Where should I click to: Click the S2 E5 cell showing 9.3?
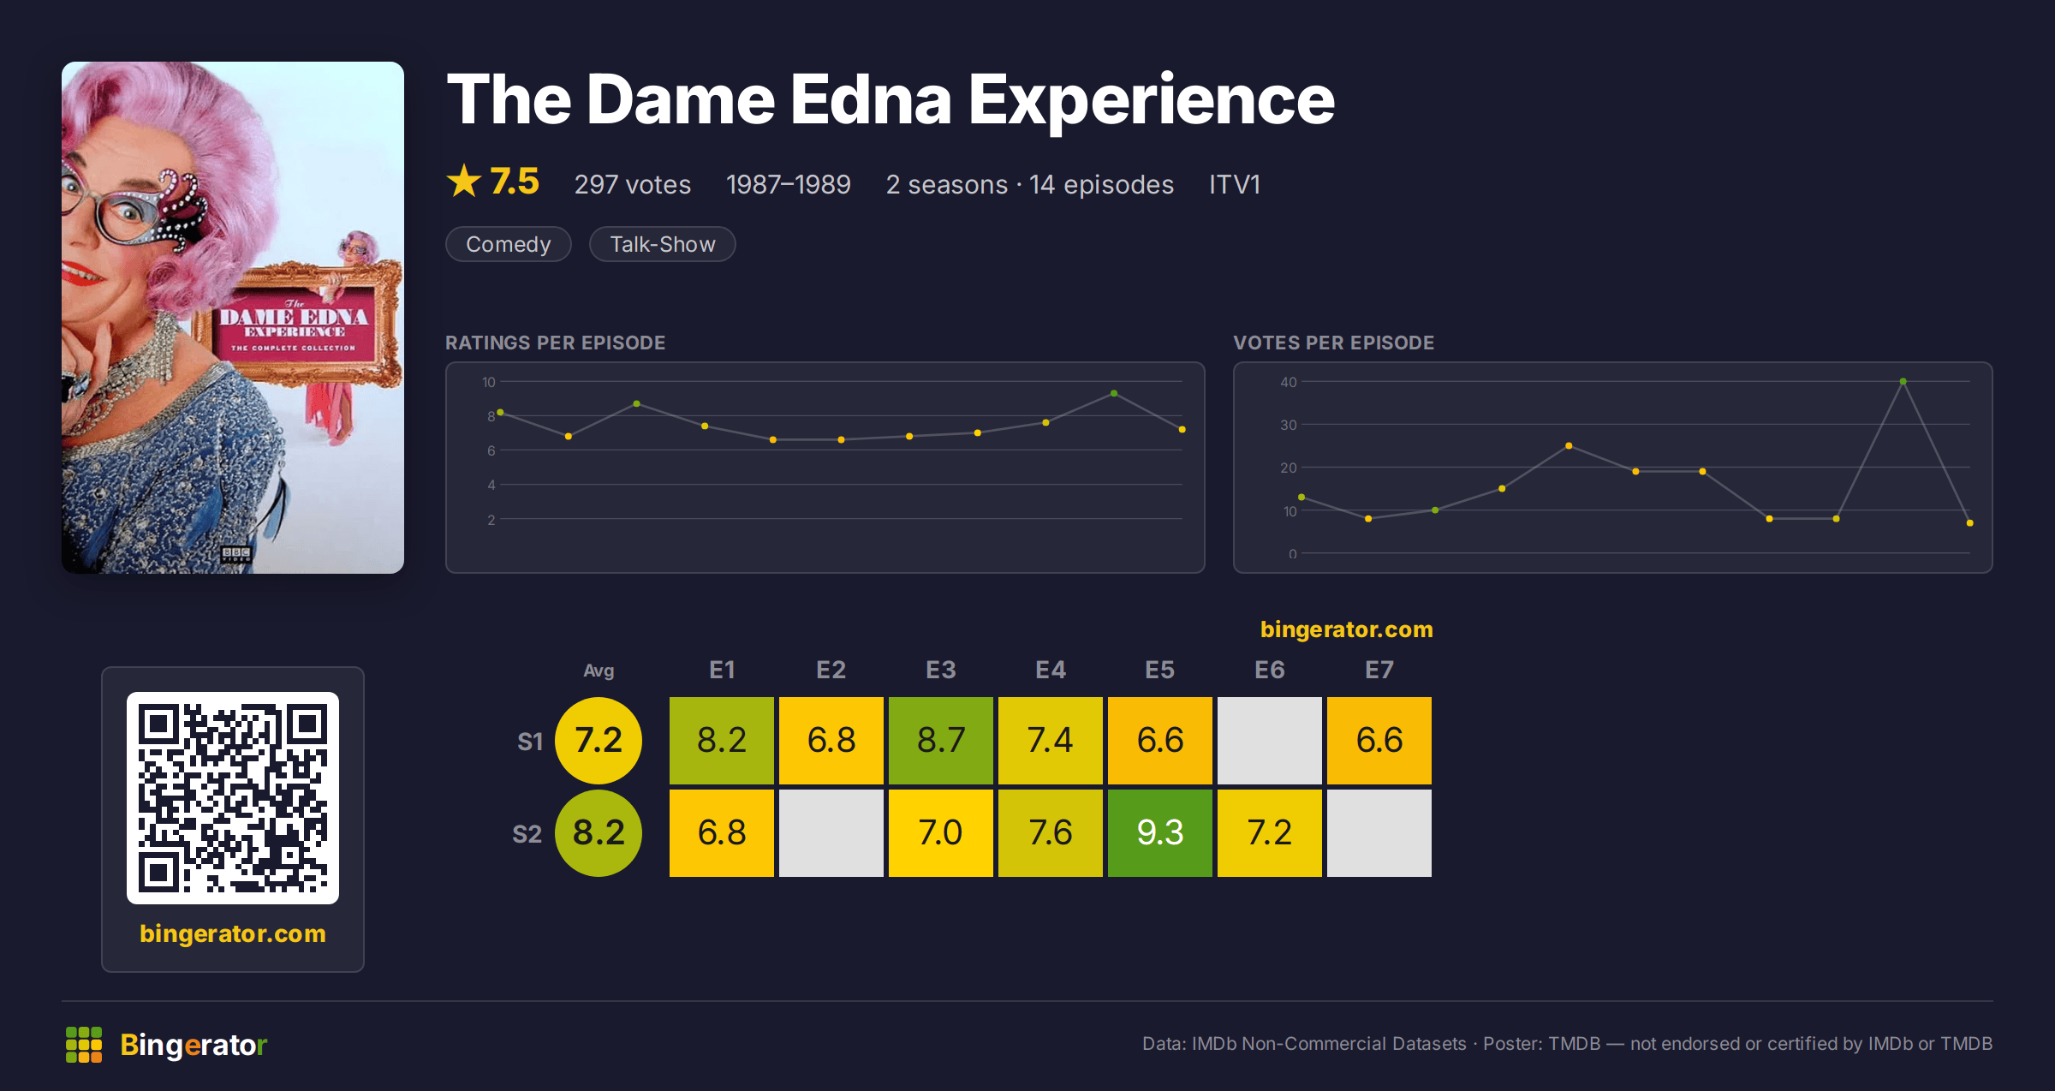coord(1160,832)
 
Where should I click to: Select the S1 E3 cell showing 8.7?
coord(941,740)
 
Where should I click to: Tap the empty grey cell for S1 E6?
coord(1270,740)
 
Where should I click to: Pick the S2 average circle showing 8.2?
coord(599,832)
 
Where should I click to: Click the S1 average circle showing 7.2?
coord(599,740)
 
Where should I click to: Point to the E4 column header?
coord(1051,670)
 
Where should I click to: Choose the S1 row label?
coord(530,742)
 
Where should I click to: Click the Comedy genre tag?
coord(509,244)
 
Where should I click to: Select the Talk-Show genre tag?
coord(663,244)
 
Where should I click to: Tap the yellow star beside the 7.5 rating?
coord(464,181)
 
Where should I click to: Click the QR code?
coord(233,798)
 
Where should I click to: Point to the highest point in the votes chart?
coord(1903,382)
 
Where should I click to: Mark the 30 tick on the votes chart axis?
coord(1289,425)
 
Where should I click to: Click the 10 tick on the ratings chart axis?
coord(488,382)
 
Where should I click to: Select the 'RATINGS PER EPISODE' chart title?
coord(555,343)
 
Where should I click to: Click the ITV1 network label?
coord(1234,184)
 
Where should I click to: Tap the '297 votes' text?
coord(633,184)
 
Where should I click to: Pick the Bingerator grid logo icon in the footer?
coord(84,1045)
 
